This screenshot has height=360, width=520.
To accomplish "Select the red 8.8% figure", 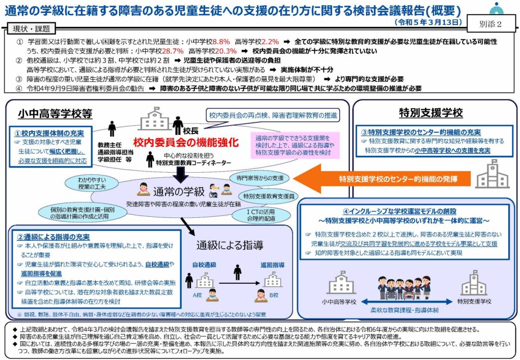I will point(221,41).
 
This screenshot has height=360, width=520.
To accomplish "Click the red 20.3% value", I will point(226,51).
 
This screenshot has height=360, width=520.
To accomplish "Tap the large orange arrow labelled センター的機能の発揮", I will point(386,179).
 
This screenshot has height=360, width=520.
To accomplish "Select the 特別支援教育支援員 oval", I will point(269,196).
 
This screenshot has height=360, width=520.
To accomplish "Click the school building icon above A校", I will point(205,280).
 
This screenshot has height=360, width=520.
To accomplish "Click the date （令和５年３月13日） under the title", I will point(428,22).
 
